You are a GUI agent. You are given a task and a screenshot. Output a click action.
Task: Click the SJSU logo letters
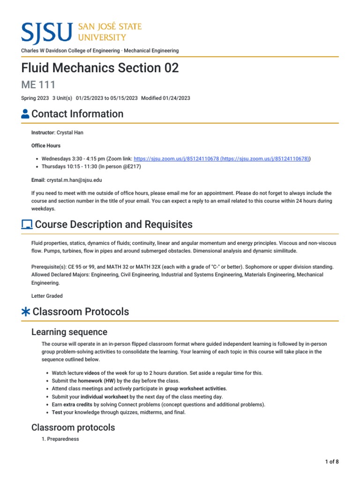47,31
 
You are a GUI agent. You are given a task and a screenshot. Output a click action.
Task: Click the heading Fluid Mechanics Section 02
100,68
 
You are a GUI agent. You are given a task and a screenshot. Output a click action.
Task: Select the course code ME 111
38,85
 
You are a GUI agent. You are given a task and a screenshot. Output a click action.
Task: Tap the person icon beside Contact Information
26,114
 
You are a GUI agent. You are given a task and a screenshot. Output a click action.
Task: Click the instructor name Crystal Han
70,133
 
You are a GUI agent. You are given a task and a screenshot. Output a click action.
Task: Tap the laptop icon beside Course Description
27,225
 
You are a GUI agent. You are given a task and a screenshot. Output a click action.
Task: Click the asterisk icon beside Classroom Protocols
26,312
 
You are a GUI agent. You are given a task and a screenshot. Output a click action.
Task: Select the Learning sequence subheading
69,332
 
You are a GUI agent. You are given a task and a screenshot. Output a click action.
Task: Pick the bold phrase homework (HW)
97,381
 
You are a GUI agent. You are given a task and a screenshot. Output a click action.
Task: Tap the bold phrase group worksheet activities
195,389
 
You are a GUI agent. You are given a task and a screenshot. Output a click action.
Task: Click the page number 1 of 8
332,462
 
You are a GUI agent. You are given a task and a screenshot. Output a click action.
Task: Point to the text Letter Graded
47,296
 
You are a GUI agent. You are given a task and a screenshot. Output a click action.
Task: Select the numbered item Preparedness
63,439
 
